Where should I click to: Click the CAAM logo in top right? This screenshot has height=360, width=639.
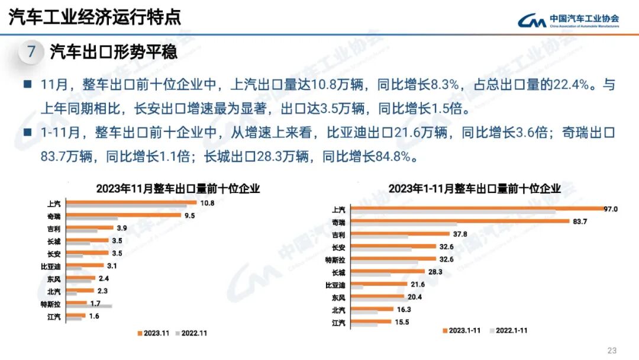(568, 21)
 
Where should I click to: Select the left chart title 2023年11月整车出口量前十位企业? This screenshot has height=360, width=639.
(178, 189)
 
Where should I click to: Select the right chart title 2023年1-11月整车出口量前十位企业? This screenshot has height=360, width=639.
(475, 189)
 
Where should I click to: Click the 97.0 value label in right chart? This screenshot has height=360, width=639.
(610, 209)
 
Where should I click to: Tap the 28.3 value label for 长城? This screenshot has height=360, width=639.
(435, 272)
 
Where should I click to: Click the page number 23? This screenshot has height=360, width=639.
(612, 349)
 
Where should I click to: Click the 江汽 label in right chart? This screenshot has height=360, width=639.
(339, 323)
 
